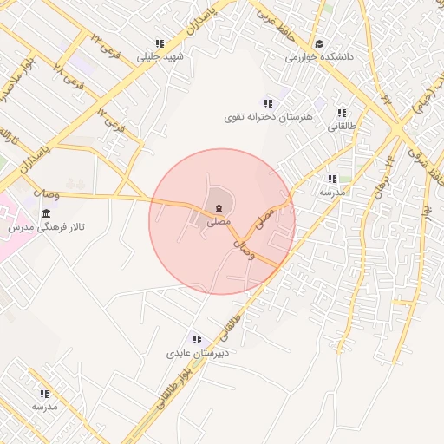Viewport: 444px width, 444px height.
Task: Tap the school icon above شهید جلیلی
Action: [160, 43]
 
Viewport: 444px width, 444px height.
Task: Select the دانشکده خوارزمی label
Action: [321, 58]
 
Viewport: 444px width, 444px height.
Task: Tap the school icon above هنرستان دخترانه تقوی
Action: [268, 103]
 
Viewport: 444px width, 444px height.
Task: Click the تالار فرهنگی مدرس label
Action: [51, 227]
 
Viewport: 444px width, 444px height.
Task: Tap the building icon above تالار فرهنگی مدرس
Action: [45, 213]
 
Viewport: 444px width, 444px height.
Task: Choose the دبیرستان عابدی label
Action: [198, 353]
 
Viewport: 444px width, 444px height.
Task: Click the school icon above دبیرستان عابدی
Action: [197, 338]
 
